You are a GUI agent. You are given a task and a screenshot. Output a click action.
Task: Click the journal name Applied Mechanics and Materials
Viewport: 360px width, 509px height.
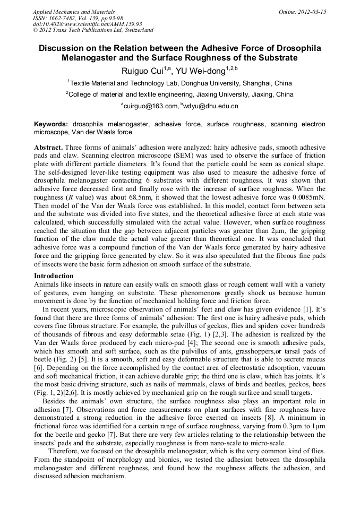tap(74, 12)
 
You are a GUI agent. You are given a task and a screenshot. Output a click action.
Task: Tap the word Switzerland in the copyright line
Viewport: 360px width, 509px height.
tap(135, 30)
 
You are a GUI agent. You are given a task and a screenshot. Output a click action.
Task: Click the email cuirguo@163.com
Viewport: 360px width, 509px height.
tap(151, 106)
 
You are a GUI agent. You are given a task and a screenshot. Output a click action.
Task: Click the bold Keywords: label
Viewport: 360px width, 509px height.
tap(51, 124)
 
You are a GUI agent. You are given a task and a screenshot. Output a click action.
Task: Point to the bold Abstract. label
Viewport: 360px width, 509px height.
tap(49, 146)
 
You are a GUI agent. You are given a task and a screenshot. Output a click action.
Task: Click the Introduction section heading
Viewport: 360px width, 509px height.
tap(54, 276)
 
